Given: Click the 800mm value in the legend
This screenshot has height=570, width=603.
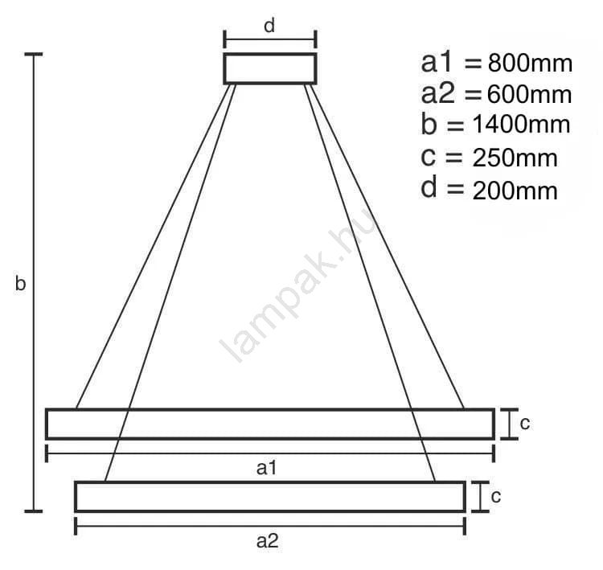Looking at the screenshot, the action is [x=531, y=64].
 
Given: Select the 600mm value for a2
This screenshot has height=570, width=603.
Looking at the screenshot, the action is [x=530, y=95].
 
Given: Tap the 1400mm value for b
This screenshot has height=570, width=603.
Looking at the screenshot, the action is [x=521, y=125].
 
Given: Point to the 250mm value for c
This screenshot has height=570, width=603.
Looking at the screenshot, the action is [x=515, y=158].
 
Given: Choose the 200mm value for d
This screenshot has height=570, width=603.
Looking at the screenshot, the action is [x=515, y=191].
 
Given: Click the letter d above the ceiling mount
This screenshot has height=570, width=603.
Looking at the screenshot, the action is [x=269, y=26].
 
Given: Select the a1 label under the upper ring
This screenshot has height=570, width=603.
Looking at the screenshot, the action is [x=266, y=468].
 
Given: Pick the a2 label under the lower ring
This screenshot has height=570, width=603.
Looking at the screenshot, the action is [x=267, y=541].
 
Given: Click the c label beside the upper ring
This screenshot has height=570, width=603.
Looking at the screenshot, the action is [x=525, y=424].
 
